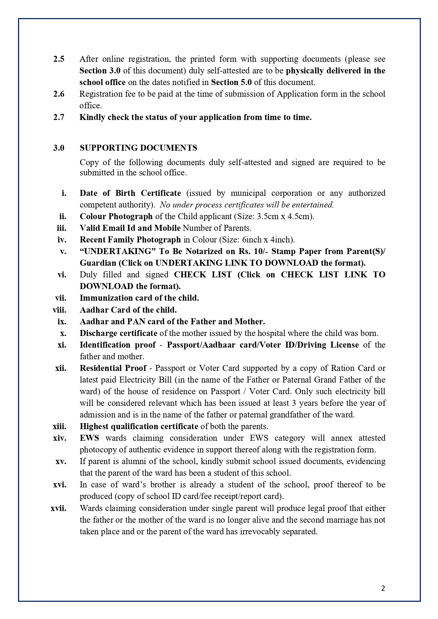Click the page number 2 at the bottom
click(x=383, y=588)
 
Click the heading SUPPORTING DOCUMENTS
click(x=138, y=148)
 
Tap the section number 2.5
click(x=59, y=59)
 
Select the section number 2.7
click(x=59, y=117)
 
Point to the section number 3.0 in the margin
click(x=59, y=148)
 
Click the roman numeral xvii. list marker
click(x=59, y=508)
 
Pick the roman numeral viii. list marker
click(x=60, y=310)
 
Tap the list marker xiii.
click(x=60, y=426)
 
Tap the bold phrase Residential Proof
click(x=113, y=368)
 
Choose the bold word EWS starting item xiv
click(x=89, y=438)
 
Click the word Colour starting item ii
click(x=93, y=216)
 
